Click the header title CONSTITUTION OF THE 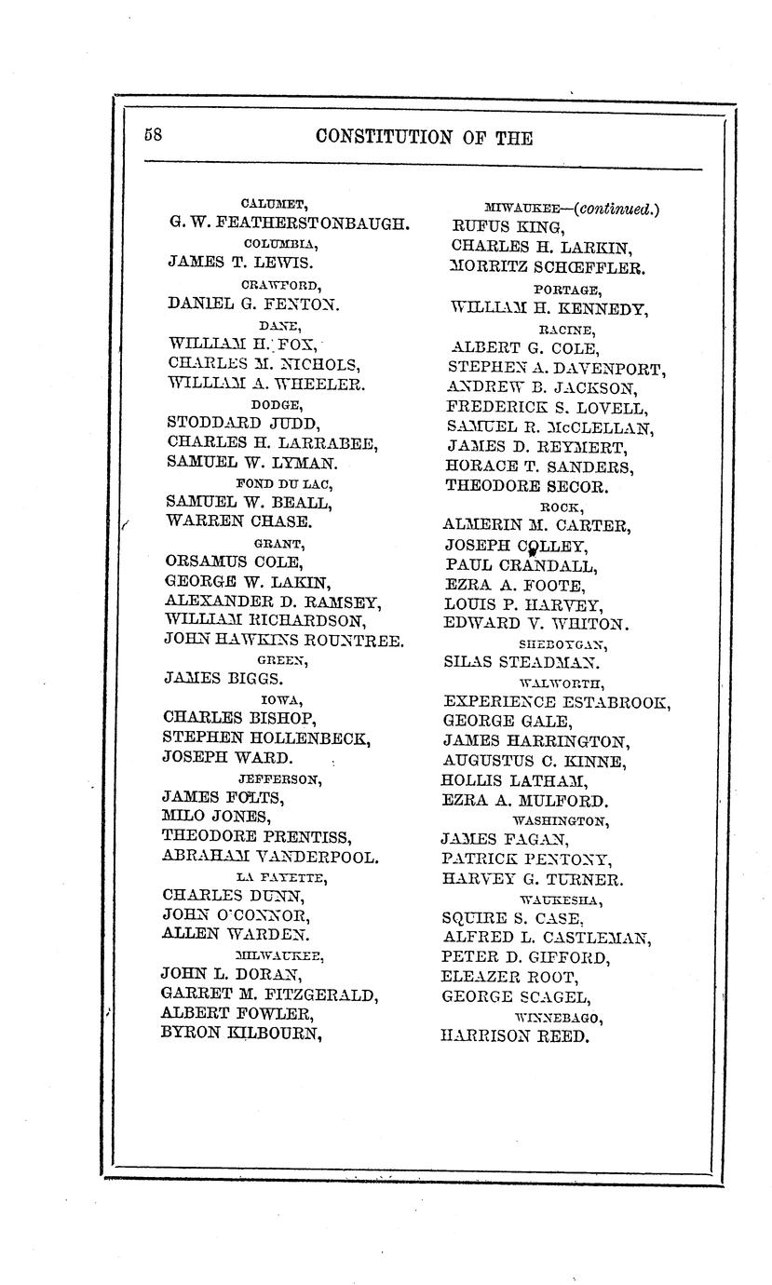[x=424, y=138]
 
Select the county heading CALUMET [x=274, y=203]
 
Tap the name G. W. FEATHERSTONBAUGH [x=289, y=223]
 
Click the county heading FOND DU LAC [x=284, y=483]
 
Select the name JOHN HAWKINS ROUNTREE [x=283, y=640]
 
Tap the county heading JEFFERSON [x=279, y=778]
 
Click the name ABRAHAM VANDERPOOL [x=270, y=857]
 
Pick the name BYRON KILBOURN [x=241, y=1033]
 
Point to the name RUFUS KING [x=508, y=227]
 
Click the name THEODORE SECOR [x=527, y=486]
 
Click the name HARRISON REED [x=514, y=1036]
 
